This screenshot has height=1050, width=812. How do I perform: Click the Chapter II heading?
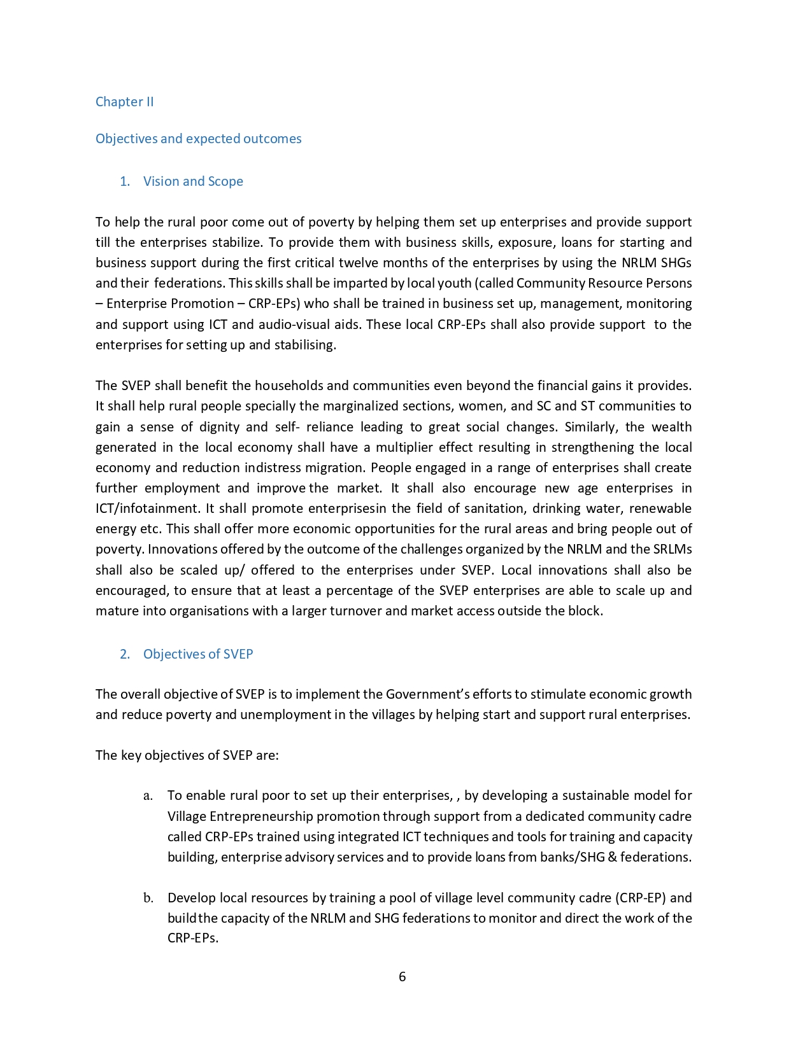124,102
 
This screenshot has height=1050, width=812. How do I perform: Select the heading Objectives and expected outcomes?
198,139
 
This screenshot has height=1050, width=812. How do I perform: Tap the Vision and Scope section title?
193,181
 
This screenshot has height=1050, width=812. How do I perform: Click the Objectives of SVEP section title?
198,654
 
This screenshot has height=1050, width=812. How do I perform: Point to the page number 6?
402,977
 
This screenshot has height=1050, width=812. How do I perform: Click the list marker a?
148,796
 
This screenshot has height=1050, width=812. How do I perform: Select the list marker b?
148,899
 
